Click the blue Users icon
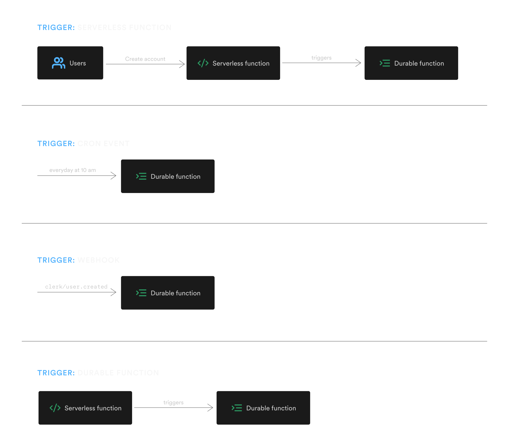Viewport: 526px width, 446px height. coord(58,63)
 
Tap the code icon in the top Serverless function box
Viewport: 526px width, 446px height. coord(203,63)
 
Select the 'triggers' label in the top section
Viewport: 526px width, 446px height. coord(321,58)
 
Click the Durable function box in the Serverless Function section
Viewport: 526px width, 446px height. coord(411,63)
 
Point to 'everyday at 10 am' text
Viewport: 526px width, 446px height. coord(72,170)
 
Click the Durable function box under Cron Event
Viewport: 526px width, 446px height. coord(167,176)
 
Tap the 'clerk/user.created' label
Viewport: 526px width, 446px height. coord(76,287)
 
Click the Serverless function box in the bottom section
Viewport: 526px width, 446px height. coord(85,408)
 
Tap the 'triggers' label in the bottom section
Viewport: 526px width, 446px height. coord(173,403)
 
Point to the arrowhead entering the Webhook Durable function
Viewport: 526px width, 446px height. coord(114,292)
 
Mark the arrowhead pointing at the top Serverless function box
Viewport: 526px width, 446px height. coord(182,64)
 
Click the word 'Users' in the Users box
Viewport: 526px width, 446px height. coord(78,63)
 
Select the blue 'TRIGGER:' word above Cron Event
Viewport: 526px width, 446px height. coord(56,144)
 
